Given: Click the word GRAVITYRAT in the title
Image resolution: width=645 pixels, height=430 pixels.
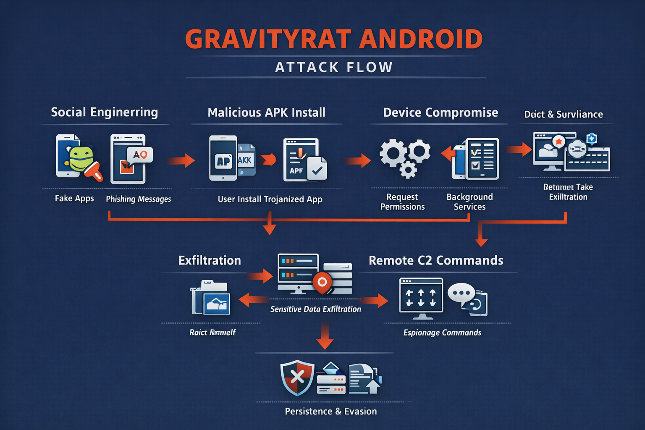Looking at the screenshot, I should click(x=268, y=39).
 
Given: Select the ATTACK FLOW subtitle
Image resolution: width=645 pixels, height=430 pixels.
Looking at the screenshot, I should click(x=334, y=67).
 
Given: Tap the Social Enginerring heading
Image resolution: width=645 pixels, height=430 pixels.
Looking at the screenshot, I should click(x=105, y=112).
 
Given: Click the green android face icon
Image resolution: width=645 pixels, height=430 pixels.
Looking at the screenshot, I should click(x=81, y=159).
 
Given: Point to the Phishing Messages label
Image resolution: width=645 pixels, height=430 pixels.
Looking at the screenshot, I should click(x=139, y=199).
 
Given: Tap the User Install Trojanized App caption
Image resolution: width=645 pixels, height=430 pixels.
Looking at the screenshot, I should click(x=270, y=199).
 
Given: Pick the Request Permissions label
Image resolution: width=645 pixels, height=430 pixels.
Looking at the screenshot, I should click(x=402, y=202).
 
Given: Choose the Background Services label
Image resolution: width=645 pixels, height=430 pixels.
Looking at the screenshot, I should click(x=469, y=202).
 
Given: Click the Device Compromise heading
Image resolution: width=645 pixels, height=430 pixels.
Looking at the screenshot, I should click(x=440, y=113).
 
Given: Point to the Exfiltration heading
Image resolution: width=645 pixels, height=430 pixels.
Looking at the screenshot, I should click(x=210, y=260).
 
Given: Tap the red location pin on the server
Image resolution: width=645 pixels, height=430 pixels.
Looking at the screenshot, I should click(x=322, y=283).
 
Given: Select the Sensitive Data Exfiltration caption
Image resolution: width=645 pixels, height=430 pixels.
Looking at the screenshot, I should click(x=316, y=309).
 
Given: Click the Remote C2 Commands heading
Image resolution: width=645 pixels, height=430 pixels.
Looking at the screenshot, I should click(x=436, y=260).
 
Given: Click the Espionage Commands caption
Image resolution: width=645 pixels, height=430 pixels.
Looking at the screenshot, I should click(x=442, y=333).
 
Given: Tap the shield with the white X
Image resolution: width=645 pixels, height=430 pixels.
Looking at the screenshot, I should click(x=297, y=377).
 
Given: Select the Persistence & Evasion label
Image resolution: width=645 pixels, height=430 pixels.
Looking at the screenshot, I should click(x=331, y=412).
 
